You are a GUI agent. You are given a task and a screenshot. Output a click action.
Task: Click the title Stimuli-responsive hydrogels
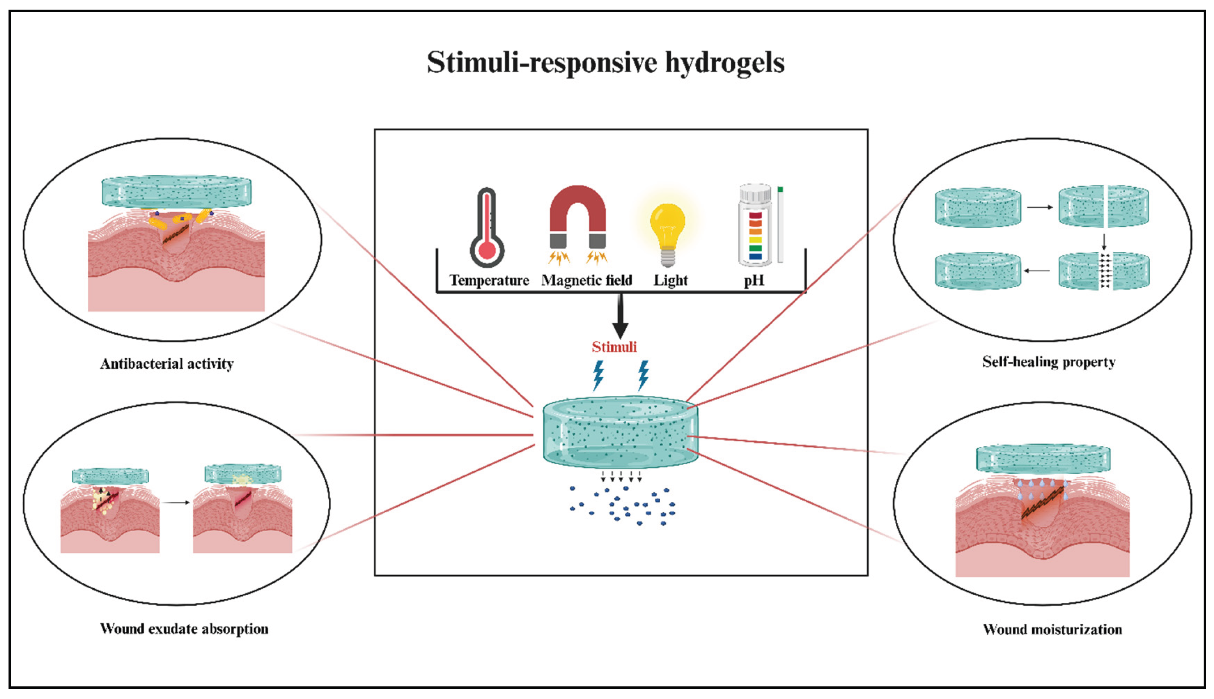pyautogui.click(x=606, y=63)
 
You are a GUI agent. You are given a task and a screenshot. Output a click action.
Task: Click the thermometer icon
pyautogui.click(x=487, y=228)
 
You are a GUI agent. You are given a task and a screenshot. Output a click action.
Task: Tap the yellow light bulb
pyautogui.click(x=667, y=230)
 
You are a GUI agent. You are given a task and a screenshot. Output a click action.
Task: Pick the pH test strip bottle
pyautogui.click(x=755, y=225)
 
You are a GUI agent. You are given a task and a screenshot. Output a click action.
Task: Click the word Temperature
pyautogui.click(x=489, y=280)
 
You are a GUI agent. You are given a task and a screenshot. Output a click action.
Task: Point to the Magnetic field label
pyautogui.click(x=586, y=280)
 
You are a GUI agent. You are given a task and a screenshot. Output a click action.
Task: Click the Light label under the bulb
pyautogui.click(x=670, y=280)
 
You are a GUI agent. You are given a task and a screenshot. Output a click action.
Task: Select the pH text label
pyautogui.click(x=754, y=280)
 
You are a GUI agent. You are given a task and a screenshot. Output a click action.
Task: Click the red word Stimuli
pyautogui.click(x=614, y=347)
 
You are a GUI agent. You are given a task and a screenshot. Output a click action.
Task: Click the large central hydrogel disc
pyautogui.click(x=620, y=432)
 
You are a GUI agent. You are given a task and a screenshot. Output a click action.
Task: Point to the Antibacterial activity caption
pyautogui.click(x=167, y=364)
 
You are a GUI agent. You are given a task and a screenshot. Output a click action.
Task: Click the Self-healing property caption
pyautogui.click(x=1049, y=362)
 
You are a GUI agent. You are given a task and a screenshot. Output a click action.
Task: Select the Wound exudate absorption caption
pyautogui.click(x=184, y=629)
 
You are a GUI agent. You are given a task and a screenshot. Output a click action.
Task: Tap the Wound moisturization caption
pyautogui.click(x=1052, y=629)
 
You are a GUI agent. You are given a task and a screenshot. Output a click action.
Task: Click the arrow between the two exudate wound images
pyautogui.click(x=176, y=503)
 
